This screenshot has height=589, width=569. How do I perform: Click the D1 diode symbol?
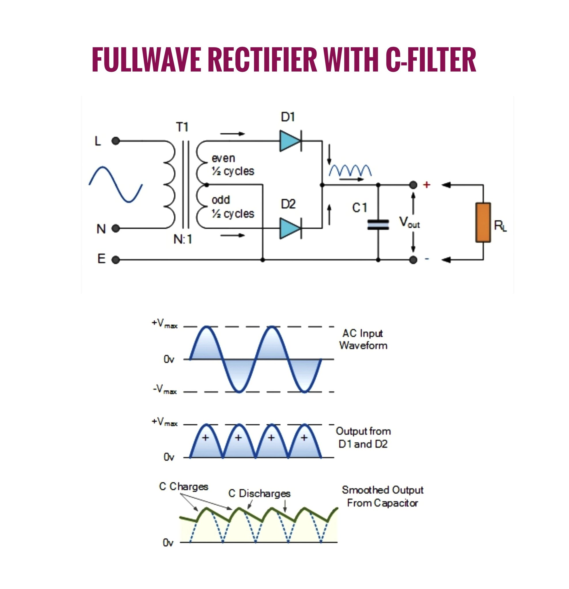(291, 141)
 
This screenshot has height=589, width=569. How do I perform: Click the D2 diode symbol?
(291, 228)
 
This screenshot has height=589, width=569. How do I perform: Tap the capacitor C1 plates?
(378, 225)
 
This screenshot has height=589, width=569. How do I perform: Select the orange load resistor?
(483, 222)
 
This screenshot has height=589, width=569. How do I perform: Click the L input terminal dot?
(116, 141)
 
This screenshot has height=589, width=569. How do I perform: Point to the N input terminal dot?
(116, 228)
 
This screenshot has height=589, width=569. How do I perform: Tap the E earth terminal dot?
(116, 260)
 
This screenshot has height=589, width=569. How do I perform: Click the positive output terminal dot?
(414, 185)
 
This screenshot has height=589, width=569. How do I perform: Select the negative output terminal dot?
(414, 260)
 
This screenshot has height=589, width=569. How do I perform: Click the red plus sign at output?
(427, 185)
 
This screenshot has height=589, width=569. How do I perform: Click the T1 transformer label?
(182, 127)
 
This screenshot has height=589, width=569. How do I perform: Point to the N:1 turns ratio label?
(183, 240)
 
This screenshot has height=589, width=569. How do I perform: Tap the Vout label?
(409, 222)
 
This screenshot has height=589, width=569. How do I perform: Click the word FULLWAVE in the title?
(146, 59)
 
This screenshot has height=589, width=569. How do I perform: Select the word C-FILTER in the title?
(431, 59)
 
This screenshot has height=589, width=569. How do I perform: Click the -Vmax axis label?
(165, 390)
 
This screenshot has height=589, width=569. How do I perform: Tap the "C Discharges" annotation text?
(259, 494)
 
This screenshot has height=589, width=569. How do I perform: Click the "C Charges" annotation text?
(183, 486)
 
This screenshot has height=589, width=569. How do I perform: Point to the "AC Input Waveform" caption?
(363, 339)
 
